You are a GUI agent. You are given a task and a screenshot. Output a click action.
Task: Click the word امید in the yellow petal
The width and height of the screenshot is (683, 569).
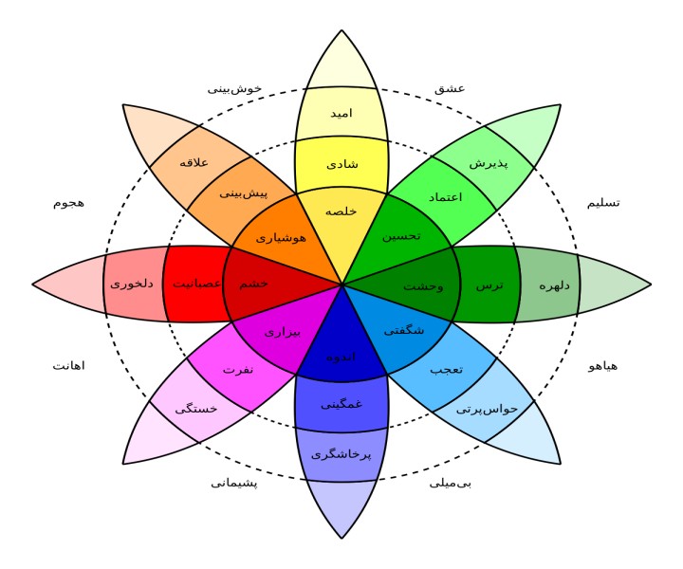coord(341,113)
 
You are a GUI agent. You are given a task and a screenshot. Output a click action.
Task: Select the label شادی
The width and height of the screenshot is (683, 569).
coord(341,163)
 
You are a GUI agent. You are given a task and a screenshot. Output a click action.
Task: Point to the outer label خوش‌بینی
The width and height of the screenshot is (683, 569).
coord(234,88)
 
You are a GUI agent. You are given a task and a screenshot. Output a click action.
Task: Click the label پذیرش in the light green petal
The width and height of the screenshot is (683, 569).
coord(489,162)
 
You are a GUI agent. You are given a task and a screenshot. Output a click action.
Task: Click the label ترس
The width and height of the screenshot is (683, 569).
coord(489,284)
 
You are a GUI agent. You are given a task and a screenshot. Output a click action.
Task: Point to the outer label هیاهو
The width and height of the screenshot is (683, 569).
coord(603,365)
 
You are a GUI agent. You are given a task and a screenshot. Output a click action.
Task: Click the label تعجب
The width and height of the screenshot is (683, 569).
coord(445,369)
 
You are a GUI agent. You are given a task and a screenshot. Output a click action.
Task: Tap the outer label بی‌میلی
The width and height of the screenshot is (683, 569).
coord(451,483)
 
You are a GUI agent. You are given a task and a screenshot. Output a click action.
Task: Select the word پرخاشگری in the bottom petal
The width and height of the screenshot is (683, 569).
coord(341,454)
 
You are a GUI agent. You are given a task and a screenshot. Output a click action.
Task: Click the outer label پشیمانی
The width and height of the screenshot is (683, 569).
coord(234,483)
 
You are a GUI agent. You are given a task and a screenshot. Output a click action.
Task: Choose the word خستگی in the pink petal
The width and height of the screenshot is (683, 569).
coord(196,409)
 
